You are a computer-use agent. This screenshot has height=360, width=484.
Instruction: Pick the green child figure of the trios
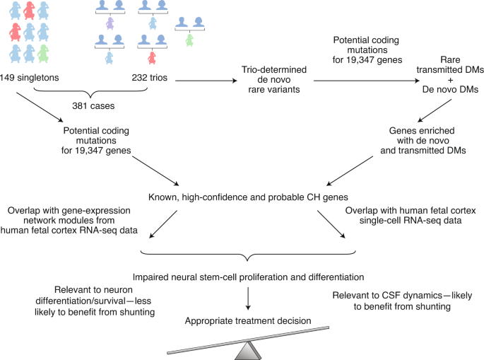click(x=189, y=40)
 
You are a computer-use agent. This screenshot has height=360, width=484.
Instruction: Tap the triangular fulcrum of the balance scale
click(x=249, y=349)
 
